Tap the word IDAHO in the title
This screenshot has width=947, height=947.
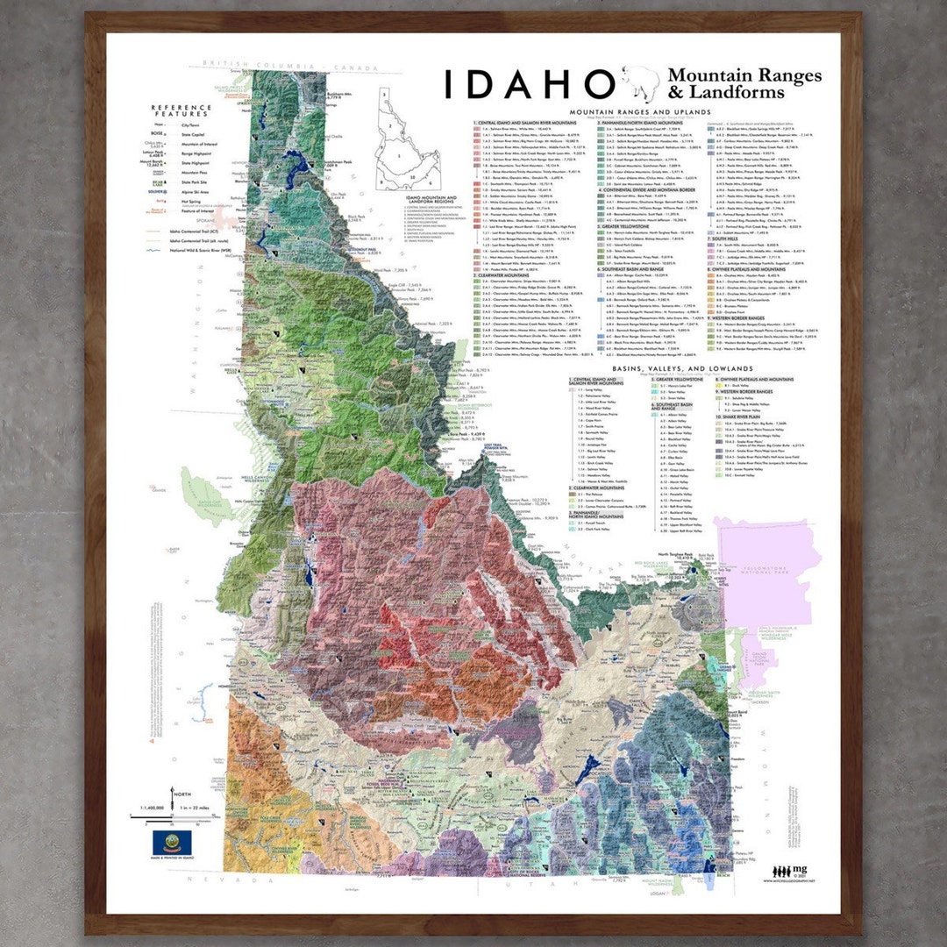(527, 84)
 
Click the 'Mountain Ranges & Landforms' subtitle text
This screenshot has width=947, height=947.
(744, 84)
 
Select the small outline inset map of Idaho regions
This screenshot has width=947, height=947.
(409, 140)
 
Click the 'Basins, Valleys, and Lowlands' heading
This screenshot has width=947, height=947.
(682, 369)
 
